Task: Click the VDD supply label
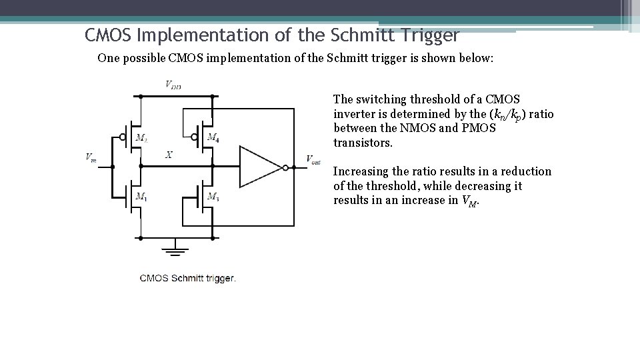(173, 85)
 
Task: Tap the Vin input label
(91, 158)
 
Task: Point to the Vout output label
(313, 159)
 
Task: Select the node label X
(169, 155)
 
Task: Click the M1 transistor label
(141, 196)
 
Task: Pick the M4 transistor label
(213, 138)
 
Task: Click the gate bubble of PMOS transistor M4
(194, 137)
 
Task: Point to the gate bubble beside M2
(123, 138)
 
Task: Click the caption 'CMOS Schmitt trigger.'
(187, 278)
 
